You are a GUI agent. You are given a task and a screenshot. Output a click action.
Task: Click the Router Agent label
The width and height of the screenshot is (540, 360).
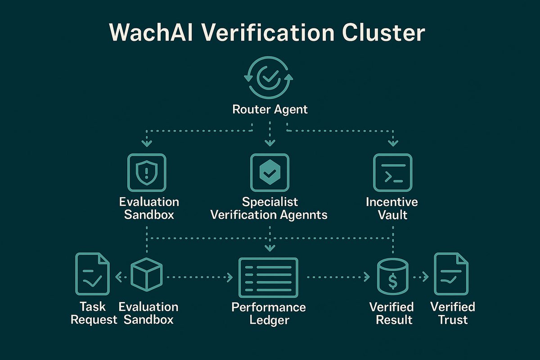[x=270, y=109]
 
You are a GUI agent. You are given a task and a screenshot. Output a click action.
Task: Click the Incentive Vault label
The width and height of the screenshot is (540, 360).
[x=392, y=208]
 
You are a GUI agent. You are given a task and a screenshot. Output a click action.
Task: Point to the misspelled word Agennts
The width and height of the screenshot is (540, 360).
[x=299, y=215]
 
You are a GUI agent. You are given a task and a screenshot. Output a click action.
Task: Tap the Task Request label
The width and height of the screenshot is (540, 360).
[x=93, y=313]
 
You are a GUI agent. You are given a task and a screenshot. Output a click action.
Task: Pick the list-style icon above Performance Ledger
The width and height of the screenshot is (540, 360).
[x=268, y=277]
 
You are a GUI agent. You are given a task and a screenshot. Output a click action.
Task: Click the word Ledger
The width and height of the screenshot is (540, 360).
[x=269, y=320]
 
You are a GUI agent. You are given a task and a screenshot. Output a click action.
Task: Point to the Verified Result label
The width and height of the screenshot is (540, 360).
[x=391, y=313]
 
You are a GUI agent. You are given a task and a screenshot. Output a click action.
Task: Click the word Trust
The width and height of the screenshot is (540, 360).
[x=453, y=320]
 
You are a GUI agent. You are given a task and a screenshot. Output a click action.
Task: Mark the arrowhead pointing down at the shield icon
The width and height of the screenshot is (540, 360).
[x=146, y=144]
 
